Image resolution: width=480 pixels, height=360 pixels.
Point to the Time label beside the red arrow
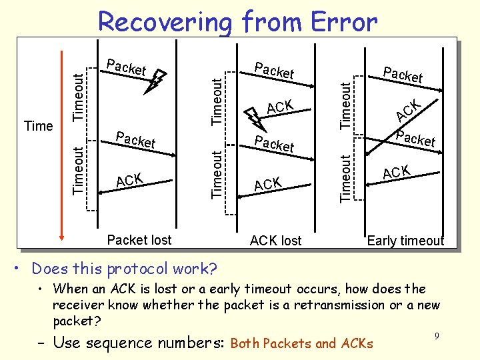[x=38, y=126]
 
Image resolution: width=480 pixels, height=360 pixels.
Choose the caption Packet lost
[x=139, y=240]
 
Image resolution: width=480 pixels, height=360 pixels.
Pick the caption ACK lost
[x=275, y=241]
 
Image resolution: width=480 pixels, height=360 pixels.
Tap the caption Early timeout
[x=405, y=241]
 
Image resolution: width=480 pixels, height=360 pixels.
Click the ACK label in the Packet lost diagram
[x=129, y=180]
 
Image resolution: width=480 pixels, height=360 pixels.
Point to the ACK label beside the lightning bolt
[x=280, y=107]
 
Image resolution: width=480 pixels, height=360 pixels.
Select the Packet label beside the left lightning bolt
[x=126, y=68]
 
